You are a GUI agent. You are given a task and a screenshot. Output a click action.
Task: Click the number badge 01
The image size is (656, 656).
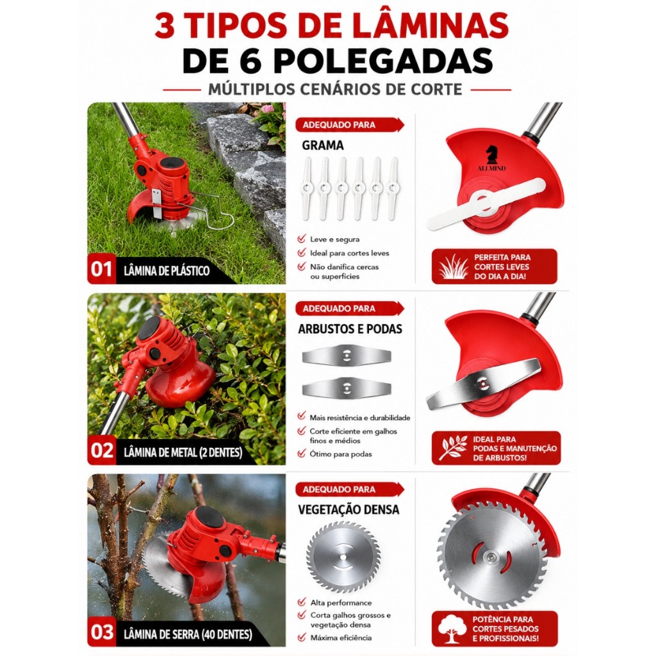click(x=101, y=269)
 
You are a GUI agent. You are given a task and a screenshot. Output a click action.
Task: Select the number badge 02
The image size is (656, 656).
click(x=102, y=451)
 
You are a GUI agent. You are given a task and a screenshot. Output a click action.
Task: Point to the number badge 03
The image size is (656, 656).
click(x=102, y=632)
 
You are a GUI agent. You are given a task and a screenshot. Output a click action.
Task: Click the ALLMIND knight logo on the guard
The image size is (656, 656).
click(x=491, y=158)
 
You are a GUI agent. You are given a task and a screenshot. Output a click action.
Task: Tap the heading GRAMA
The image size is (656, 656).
click(x=323, y=145)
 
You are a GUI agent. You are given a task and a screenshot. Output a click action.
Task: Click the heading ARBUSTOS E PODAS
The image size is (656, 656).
click(x=350, y=329)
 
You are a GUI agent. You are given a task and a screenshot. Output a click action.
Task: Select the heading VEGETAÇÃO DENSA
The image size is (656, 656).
click(x=348, y=509)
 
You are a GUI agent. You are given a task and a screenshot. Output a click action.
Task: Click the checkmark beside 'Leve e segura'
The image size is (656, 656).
click(x=302, y=239)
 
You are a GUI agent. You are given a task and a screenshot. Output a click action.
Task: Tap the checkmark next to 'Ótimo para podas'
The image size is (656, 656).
click(x=302, y=454)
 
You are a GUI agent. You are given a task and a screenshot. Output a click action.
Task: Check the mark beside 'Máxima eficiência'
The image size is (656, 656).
click(x=302, y=637)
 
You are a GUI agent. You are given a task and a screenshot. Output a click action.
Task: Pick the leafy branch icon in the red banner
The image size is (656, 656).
click(x=453, y=448)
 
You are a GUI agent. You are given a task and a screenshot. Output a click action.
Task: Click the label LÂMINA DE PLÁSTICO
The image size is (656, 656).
click(x=167, y=271)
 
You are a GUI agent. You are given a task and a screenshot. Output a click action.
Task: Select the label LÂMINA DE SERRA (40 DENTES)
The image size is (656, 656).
click(x=188, y=634)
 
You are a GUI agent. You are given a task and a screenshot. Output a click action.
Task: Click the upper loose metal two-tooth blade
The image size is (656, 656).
click(x=347, y=356)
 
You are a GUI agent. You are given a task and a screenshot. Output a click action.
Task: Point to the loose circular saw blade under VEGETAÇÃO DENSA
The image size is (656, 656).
click(x=344, y=557)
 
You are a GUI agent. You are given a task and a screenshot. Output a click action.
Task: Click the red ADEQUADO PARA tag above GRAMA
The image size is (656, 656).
click(x=349, y=125)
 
